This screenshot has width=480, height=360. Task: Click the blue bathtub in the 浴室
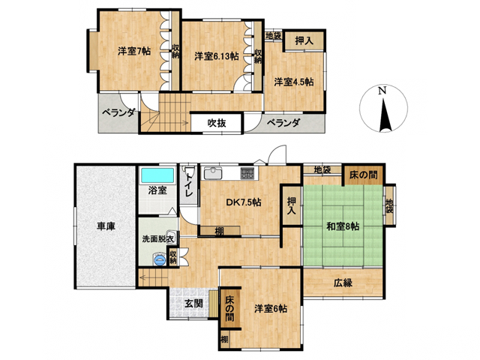[157, 175]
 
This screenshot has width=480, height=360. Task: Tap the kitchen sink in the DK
[213, 174]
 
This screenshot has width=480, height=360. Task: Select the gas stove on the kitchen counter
[247, 173]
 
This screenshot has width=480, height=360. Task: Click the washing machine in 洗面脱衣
[160, 259]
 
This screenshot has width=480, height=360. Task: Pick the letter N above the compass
[382, 91]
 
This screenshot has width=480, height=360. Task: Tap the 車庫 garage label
[106, 226]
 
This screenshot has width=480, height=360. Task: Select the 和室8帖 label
[343, 226]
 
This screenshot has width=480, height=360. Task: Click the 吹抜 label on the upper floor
[217, 123]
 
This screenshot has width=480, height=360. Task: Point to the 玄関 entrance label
[193, 304]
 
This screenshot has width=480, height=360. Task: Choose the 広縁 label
[343, 283]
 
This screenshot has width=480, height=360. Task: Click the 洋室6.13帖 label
[217, 56]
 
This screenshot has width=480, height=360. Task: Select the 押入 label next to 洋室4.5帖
[304, 40]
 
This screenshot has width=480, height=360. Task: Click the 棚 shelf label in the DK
[219, 231]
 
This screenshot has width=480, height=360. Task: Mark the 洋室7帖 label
[134, 51]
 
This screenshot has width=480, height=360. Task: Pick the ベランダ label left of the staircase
[118, 112]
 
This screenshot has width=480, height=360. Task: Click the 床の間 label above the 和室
[364, 175]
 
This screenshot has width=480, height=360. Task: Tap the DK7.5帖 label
[244, 202]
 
